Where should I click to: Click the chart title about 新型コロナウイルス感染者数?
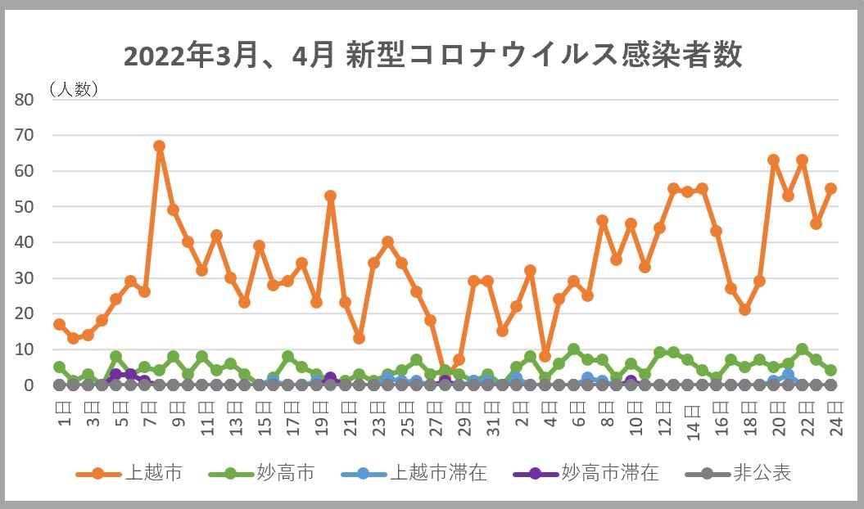pos(432,56)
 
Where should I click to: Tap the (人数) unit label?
pos(74,89)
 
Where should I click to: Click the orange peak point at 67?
pos(159,146)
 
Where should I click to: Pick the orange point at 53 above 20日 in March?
pos(330,196)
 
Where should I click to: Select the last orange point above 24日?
pos(830,188)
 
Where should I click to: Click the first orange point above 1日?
pos(59,324)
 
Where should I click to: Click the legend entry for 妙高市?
pos(262,473)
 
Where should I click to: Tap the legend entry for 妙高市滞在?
pos(586,473)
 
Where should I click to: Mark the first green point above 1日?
pos(59,367)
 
